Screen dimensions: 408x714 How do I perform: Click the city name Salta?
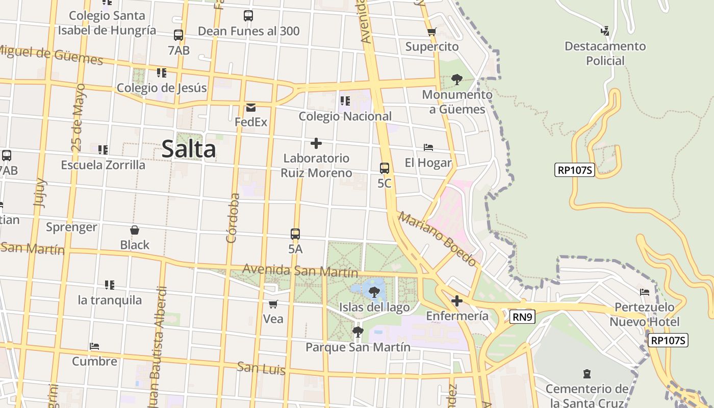click(189, 149)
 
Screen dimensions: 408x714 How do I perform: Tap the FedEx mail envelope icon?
click(251, 108)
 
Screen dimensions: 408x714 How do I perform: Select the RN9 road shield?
click(522, 317)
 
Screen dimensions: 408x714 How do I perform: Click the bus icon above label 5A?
click(295, 234)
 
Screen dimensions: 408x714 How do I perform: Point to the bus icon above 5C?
click(385, 168)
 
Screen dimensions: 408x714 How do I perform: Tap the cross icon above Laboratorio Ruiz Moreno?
click(316, 143)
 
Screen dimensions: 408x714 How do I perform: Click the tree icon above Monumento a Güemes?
click(457, 79)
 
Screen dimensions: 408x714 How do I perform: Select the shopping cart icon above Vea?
click(273, 304)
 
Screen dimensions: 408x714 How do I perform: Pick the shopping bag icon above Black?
click(135, 230)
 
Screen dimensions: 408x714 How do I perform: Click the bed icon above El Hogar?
click(428, 147)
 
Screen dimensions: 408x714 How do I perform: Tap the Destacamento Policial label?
click(605, 53)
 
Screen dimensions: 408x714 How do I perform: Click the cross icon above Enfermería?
click(457, 301)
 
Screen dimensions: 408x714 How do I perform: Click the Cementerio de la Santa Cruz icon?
click(587, 374)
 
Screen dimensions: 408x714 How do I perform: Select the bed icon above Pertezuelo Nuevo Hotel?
click(645, 292)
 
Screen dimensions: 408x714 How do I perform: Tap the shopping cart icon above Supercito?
click(432, 32)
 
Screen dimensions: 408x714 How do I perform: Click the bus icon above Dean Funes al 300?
click(248, 16)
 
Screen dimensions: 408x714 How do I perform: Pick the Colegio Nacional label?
click(345, 116)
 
